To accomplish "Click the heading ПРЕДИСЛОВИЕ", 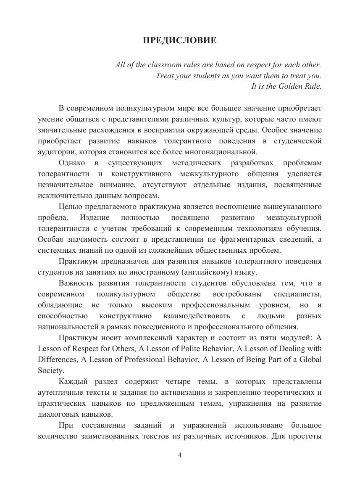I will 180,40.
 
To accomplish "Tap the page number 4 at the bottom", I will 180,455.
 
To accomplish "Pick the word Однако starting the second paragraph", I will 72,163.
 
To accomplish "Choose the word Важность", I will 74,283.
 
